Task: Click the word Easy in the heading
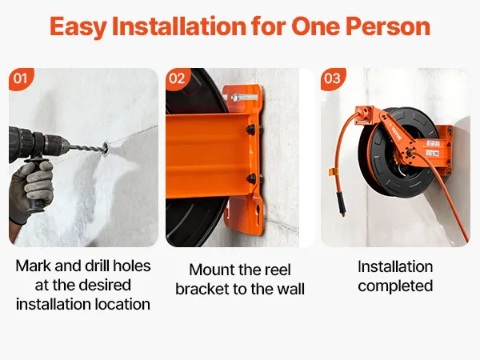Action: click(78, 26)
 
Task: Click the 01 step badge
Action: click(21, 79)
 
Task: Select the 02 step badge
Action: click(178, 79)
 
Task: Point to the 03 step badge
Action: click(333, 79)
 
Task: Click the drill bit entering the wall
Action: click(86, 148)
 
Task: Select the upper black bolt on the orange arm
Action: click(251, 129)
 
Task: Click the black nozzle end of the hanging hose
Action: click(342, 204)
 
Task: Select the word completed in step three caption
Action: click(395, 286)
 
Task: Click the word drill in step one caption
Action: click(101, 266)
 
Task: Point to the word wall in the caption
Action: click(291, 289)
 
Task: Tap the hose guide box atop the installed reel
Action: click(364, 115)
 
